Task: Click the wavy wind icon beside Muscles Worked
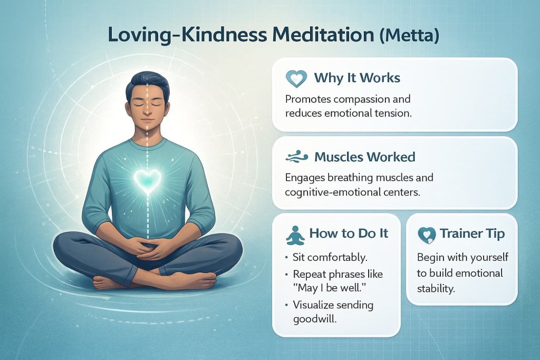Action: click(295, 157)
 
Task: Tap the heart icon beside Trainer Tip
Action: click(426, 234)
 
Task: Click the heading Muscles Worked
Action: click(364, 157)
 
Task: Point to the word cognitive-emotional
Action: click(333, 192)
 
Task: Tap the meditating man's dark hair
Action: click(147, 84)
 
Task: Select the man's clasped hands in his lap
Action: click(149, 247)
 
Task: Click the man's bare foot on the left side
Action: click(109, 284)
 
